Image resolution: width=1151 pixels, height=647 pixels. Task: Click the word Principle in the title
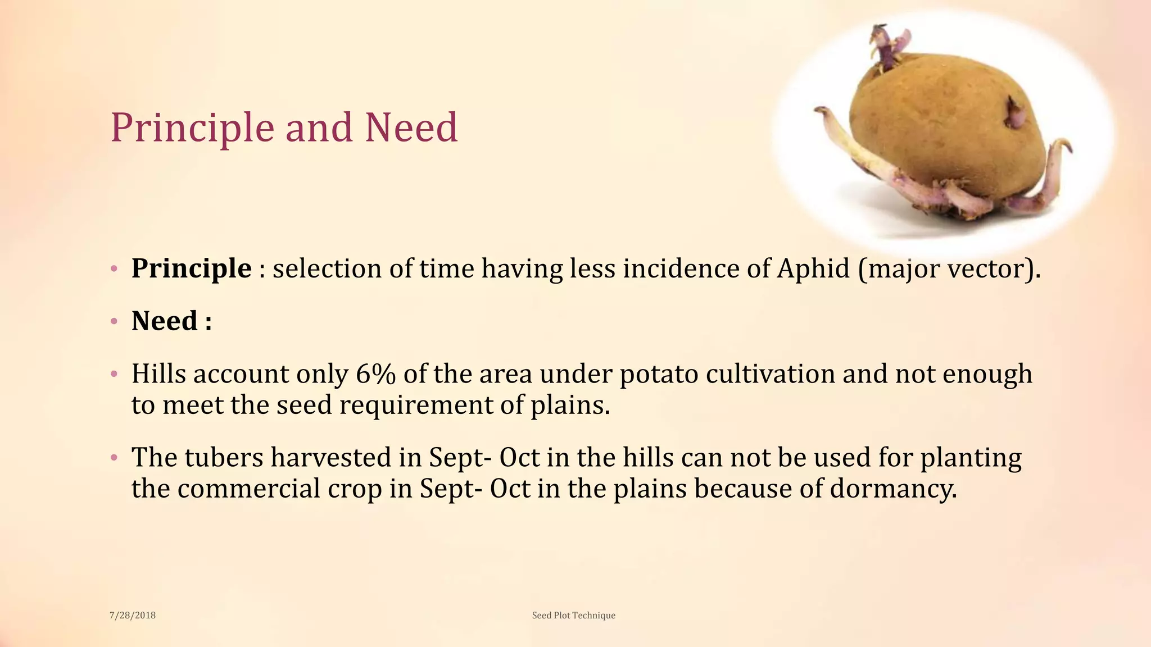coord(192,128)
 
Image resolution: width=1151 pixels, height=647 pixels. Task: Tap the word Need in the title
coord(411,128)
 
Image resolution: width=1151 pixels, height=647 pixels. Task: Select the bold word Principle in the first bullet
coord(191,268)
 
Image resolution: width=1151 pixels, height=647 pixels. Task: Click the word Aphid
coord(813,268)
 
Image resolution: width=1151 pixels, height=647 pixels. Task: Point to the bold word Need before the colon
coord(164,321)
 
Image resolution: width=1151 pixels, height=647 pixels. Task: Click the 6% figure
coord(375,374)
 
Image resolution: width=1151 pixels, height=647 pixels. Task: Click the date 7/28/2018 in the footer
coord(132,616)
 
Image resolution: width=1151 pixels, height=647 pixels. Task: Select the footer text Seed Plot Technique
coord(573,616)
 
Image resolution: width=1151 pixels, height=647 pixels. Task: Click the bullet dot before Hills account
coord(114,373)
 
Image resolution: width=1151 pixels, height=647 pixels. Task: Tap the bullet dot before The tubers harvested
coord(114,457)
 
